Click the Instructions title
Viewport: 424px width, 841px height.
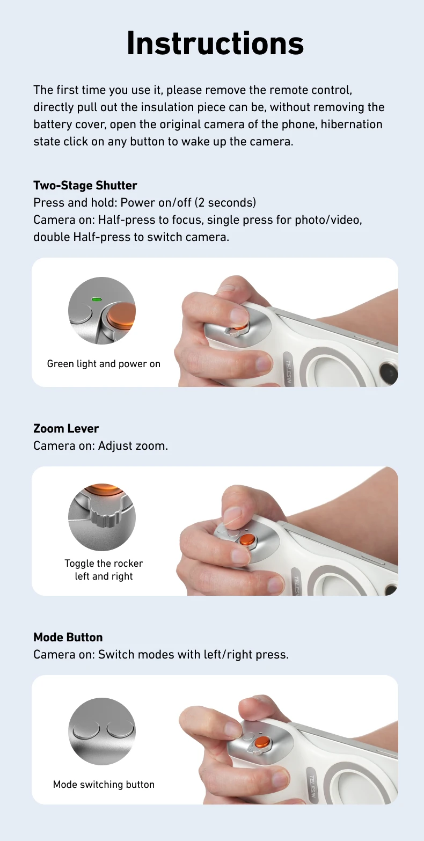coord(215,43)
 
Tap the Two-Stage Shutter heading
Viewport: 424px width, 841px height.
coord(85,185)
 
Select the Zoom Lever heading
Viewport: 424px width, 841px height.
coord(66,428)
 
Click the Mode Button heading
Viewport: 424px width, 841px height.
coord(68,637)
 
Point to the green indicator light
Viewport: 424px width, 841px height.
coord(97,299)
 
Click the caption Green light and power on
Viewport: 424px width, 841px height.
coord(104,364)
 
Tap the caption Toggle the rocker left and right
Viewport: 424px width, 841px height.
coord(104,570)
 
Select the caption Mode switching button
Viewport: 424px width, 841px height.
coord(104,784)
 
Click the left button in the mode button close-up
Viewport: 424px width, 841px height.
coord(86,730)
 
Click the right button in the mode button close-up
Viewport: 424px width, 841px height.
coord(120,730)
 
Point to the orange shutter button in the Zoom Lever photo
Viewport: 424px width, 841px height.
coord(247,539)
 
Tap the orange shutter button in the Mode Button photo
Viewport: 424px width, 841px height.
coord(262,743)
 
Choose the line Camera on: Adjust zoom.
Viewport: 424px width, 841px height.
coord(100,445)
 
